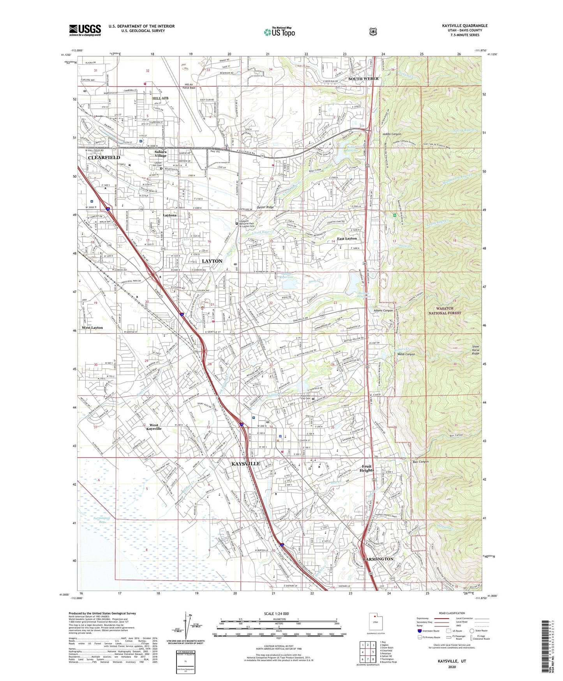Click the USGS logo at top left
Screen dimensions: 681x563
(x=85, y=30)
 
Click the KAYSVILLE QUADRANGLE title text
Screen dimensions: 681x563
(x=464, y=26)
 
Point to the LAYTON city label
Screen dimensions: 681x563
(x=212, y=261)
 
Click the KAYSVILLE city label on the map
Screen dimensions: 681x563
(x=245, y=464)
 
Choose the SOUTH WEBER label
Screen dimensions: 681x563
(x=363, y=79)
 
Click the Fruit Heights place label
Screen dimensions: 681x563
(x=367, y=468)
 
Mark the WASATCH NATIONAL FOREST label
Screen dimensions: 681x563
(x=445, y=310)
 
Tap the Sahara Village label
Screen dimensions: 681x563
(x=160, y=154)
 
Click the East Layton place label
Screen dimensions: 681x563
(x=347, y=238)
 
